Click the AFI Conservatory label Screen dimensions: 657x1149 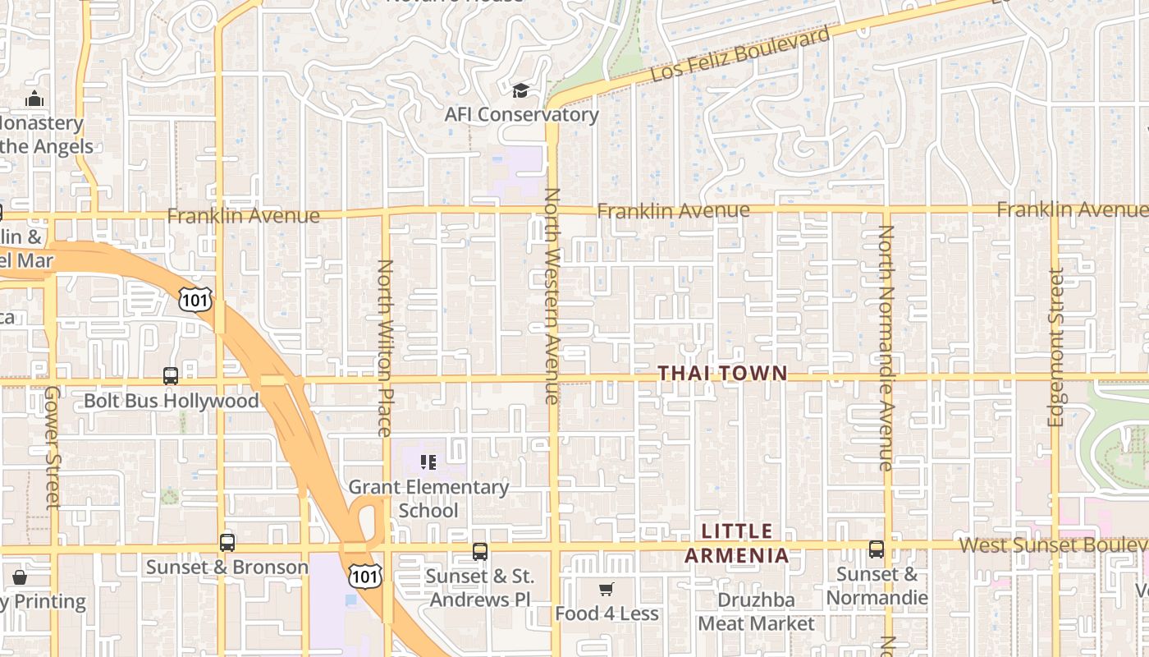pos(521,114)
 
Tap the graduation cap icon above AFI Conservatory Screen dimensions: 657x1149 pos(520,90)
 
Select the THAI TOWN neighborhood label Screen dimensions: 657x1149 pos(723,374)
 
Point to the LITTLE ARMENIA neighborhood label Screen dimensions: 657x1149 pos(737,544)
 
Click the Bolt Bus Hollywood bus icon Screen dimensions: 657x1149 pos(171,376)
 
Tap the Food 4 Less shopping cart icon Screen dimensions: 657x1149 pos(607,589)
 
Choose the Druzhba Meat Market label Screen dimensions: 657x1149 pos(756,612)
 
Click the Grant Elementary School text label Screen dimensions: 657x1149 pos(428,498)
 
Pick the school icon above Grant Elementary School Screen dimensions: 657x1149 pos(428,462)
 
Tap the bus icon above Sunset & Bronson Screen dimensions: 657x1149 pos(227,543)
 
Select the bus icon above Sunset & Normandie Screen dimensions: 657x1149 pos(877,549)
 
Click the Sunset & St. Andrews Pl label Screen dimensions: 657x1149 pos(480,587)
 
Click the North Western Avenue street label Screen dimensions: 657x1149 pos(552,296)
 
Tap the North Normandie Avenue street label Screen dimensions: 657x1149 pos(886,347)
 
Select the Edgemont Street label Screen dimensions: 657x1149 pos(1056,347)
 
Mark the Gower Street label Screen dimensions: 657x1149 pos(53,447)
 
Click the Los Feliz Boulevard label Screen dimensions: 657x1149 pos(740,55)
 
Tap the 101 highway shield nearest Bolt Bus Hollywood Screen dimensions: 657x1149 pos(195,300)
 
